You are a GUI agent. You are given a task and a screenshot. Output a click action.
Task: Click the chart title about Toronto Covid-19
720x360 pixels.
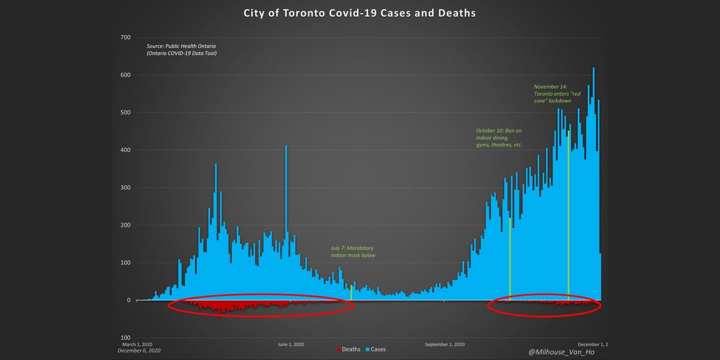click(x=359, y=13)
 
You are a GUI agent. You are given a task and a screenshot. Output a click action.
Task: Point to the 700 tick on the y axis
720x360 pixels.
click(x=125, y=37)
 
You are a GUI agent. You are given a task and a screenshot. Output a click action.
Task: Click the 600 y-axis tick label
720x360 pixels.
click(x=125, y=75)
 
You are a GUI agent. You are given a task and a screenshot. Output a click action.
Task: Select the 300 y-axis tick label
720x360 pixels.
click(x=125, y=188)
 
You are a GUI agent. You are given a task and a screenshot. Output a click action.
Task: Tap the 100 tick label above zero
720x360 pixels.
click(x=125, y=263)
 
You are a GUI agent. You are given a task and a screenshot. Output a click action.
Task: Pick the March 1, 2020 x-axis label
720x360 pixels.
click(x=137, y=344)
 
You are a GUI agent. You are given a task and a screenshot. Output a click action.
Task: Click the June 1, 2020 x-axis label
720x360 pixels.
click(x=291, y=344)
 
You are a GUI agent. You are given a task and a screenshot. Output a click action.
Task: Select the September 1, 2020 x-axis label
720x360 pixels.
click(x=445, y=344)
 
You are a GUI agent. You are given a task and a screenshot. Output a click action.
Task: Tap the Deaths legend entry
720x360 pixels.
click(x=349, y=349)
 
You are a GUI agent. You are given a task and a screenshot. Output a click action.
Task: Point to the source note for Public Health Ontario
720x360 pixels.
click(x=182, y=50)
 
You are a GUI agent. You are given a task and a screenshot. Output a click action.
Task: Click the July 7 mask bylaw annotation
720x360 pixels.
click(x=356, y=251)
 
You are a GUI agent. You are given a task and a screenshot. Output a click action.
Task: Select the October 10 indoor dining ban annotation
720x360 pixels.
click(x=499, y=137)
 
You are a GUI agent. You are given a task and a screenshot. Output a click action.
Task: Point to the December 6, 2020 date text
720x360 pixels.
click(x=139, y=350)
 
